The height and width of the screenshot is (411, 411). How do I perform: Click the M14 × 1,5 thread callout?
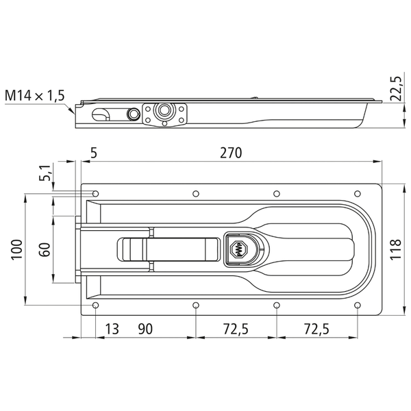click(x=35, y=95)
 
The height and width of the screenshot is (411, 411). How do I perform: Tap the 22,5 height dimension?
click(x=396, y=88)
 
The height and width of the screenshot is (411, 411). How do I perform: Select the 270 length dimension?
click(x=231, y=153)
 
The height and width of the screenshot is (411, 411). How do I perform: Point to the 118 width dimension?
click(x=396, y=249)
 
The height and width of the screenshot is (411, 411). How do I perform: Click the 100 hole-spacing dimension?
click(x=17, y=249)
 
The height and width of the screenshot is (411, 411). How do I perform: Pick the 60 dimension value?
click(x=45, y=249)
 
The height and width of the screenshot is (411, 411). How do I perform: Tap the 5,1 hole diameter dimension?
click(x=45, y=173)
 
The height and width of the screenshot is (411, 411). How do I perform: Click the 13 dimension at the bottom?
click(x=112, y=329)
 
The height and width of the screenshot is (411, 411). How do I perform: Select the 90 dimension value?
click(x=145, y=329)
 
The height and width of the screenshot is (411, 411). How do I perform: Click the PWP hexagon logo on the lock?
click(x=238, y=249)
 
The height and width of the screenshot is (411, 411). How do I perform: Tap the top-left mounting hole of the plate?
click(x=95, y=194)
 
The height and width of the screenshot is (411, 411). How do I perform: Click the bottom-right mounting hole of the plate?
click(x=358, y=306)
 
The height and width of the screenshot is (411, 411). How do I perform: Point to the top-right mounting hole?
click(x=358, y=194)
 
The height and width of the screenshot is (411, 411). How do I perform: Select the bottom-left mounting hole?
click(x=95, y=306)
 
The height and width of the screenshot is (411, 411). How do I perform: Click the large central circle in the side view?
click(x=164, y=110)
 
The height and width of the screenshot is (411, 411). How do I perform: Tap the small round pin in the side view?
click(x=133, y=113)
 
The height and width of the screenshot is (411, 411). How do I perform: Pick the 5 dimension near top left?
click(x=94, y=153)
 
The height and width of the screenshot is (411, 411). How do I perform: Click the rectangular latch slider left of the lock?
click(x=169, y=249)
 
